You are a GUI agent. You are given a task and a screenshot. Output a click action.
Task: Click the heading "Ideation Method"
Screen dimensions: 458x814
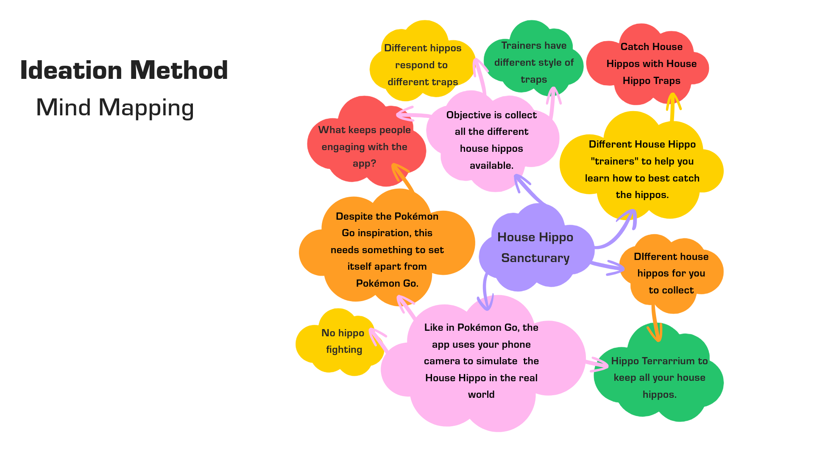coord(124,70)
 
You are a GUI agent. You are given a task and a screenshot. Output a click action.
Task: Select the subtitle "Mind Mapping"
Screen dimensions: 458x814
coord(115,107)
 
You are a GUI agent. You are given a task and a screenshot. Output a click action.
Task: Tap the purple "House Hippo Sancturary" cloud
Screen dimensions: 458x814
coord(535,247)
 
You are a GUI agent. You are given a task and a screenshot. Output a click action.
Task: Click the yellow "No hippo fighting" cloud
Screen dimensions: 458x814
coord(341,341)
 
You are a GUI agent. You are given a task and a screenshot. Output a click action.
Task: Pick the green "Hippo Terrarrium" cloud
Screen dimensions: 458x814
coord(659,377)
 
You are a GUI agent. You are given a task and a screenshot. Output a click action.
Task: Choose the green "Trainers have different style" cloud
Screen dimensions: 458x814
coord(533,62)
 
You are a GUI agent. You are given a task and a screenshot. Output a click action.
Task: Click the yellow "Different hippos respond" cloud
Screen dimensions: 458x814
coord(422,65)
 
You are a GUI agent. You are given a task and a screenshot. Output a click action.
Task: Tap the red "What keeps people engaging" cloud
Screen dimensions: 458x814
coord(365,146)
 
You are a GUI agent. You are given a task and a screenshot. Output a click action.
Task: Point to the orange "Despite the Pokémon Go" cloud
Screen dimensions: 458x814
coord(387,249)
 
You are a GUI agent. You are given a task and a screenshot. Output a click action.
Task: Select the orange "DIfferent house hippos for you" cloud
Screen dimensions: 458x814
coord(671,274)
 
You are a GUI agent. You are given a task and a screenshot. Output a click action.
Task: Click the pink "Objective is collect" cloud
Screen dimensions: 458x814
coord(491,140)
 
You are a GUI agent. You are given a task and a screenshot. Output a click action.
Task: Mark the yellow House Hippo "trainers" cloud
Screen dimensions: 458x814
coord(642,170)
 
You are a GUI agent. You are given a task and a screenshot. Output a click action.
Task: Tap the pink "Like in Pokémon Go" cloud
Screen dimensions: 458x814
coord(481,361)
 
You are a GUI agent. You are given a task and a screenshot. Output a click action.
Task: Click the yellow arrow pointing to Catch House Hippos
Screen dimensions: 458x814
coord(672,108)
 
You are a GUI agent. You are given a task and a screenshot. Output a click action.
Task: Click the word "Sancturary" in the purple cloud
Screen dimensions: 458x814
coord(535,258)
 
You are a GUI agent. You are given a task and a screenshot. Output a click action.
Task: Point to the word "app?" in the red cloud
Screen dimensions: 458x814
coord(364,164)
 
